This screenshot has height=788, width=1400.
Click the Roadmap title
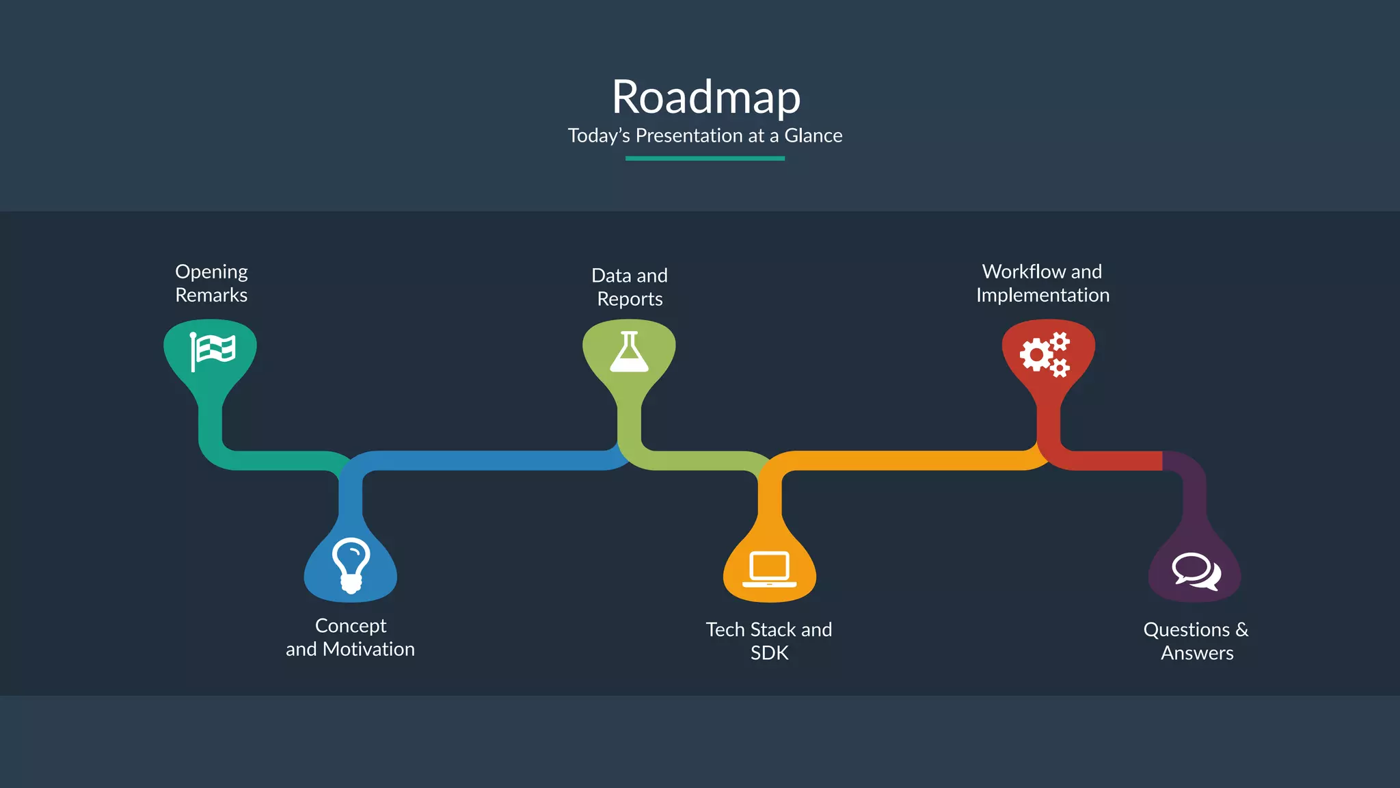coord(705,97)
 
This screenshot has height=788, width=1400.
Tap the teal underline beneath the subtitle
coord(705,158)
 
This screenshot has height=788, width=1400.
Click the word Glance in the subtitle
coord(813,135)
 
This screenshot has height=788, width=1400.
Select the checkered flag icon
coord(213,351)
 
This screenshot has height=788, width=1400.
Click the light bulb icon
coord(351,564)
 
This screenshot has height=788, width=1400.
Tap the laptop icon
coord(769,569)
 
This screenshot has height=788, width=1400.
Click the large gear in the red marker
coord(1036,355)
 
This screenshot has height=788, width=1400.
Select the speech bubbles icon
coord(1196,570)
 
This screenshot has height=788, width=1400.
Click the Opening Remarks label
coord(211,283)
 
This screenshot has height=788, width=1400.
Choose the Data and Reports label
coord(630,287)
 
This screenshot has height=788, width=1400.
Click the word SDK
coord(769,653)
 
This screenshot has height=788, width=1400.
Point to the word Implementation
coord(1042,295)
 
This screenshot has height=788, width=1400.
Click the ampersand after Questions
coord(1241,629)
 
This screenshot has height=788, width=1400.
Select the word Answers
coord(1197,653)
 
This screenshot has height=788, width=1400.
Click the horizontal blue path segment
coord(485,460)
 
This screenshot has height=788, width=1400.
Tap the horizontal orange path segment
coord(902,460)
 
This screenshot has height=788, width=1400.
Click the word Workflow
coord(1014,272)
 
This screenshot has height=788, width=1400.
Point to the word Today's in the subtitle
coord(599,135)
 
